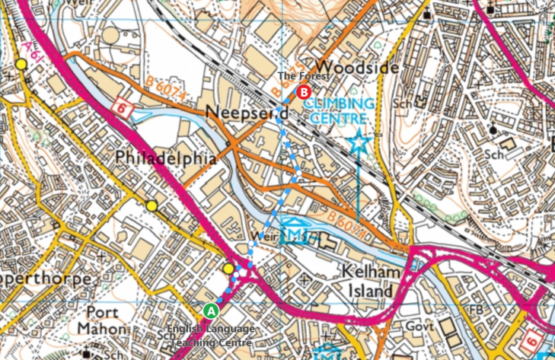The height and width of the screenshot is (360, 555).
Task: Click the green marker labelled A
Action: [x=212, y=311]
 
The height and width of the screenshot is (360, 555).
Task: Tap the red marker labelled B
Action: [x=305, y=92]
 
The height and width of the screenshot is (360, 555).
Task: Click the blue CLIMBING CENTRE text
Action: [x=340, y=111]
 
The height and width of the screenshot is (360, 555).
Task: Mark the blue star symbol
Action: [x=358, y=142]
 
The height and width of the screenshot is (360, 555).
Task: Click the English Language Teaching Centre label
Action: [x=209, y=337]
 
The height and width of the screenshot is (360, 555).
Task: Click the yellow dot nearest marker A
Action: [x=229, y=269]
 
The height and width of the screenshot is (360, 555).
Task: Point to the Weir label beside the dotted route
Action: [x=260, y=236]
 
